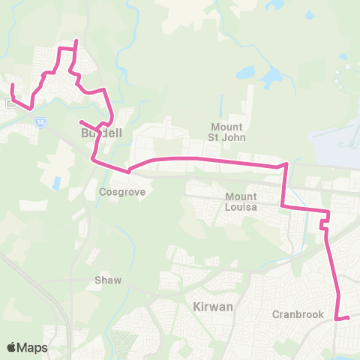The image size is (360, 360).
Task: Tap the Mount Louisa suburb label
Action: coord(241,202)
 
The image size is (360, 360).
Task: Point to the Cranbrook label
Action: coord(298,314)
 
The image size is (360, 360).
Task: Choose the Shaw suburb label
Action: coord(107,280)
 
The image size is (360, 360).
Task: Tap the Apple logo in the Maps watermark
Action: coord(12,347)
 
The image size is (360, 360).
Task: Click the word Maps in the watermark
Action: coord(33,347)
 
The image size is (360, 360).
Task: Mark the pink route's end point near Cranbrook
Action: coord(348,319)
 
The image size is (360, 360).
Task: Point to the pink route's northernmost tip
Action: coord(76,41)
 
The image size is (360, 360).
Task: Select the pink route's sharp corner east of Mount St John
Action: coord(286,163)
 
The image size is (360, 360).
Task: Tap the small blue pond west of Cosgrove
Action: coord(57,182)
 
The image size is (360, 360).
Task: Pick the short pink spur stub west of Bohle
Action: coord(80,121)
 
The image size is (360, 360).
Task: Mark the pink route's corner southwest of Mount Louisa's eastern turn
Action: coord(282,205)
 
